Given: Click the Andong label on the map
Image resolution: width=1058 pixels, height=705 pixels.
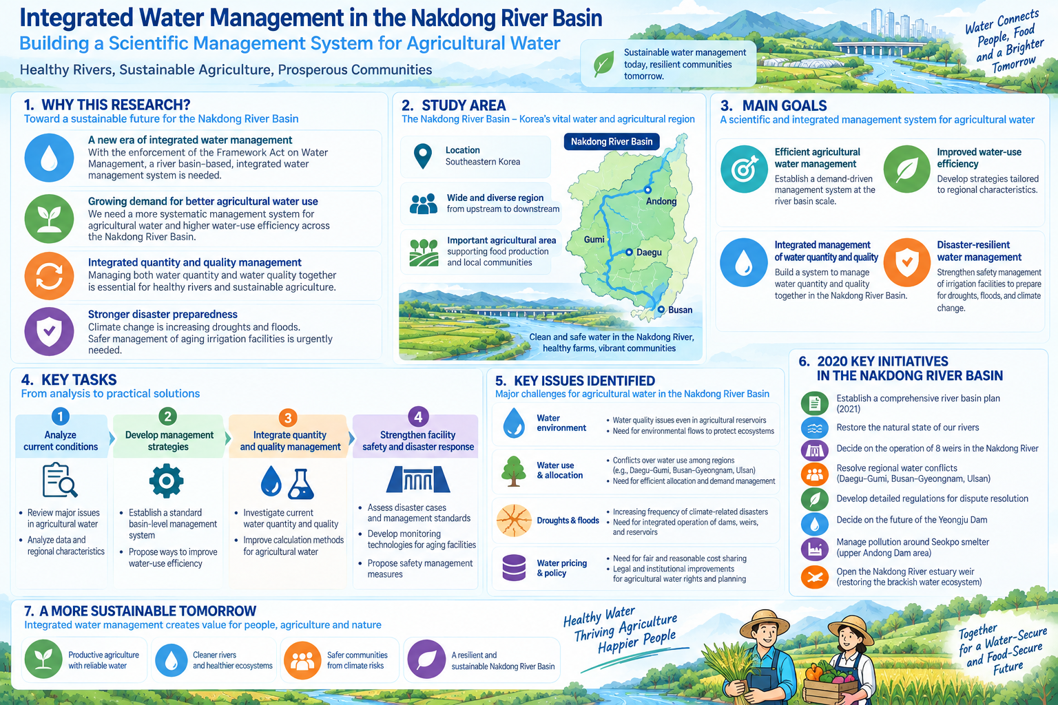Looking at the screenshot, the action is (661, 201).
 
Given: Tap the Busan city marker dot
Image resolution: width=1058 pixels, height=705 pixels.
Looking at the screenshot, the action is (661, 310).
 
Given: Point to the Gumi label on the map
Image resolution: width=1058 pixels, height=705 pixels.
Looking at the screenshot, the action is (594, 240).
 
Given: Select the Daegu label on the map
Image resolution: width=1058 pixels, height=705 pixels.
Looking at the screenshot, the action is (649, 252).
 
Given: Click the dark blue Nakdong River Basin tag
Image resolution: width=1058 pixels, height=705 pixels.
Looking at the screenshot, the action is (612, 142).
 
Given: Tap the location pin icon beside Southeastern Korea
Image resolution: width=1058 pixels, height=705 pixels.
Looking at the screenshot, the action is (423, 156).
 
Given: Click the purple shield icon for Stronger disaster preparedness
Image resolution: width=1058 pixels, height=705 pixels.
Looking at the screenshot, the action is (49, 331).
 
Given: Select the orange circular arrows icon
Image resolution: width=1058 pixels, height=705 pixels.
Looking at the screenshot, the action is (49, 276).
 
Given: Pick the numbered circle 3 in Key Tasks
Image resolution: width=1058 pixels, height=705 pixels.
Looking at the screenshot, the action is (288, 417).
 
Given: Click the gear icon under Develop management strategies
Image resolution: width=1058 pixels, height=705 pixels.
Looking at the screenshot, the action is (166, 481).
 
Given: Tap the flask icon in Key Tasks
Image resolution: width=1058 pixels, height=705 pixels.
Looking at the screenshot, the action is (301, 484).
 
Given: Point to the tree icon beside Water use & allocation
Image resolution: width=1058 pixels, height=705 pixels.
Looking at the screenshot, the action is (514, 471).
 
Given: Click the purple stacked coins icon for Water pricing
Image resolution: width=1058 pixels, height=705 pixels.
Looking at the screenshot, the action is (514, 567).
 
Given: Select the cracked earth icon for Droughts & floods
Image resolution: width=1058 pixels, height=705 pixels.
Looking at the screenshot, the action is (514, 520).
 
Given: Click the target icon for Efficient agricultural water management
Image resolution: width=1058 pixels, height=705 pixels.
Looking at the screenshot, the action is (744, 169).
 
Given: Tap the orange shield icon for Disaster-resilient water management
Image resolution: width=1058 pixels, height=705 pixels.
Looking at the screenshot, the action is (907, 262).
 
